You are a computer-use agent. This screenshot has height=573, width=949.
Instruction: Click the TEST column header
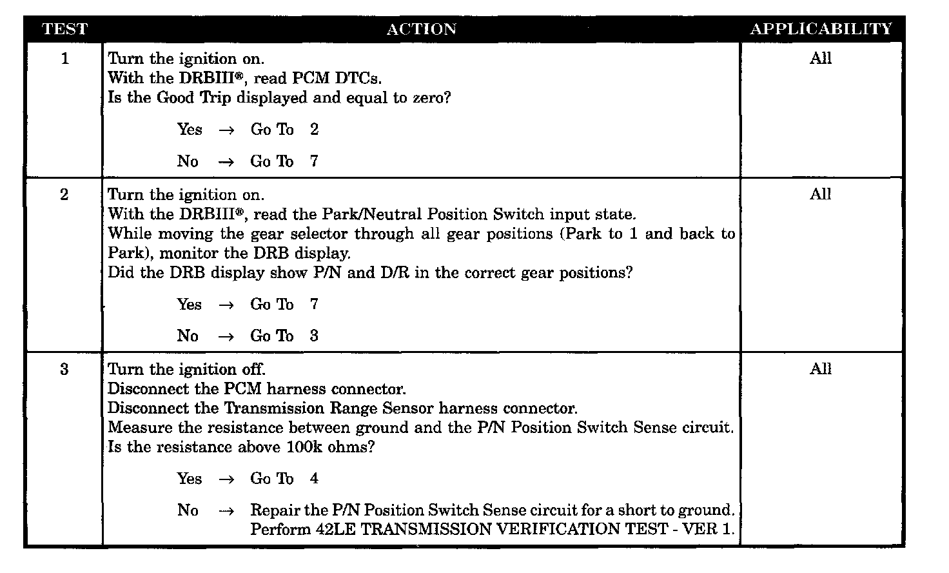point(64,29)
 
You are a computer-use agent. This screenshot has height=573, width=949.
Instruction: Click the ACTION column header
point(421,29)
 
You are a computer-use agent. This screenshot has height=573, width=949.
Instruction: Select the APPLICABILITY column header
point(821,29)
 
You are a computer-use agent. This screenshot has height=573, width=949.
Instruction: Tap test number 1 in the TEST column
point(64,59)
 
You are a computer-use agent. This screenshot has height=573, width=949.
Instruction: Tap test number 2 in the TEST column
point(64,195)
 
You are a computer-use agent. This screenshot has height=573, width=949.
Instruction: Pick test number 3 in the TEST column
point(64,370)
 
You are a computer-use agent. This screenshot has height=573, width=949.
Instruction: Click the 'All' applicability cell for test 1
point(821,59)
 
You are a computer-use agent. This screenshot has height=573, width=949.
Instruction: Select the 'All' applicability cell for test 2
point(821,194)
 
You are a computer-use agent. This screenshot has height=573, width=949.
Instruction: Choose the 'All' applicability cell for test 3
point(821,369)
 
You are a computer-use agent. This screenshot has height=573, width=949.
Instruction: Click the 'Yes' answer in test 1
point(190,130)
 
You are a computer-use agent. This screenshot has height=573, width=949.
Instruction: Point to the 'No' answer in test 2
point(188,336)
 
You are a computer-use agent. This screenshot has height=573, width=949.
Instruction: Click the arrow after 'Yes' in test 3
point(226,479)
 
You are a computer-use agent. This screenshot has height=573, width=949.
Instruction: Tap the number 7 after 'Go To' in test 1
point(314,161)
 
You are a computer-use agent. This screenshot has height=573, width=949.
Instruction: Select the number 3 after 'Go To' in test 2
point(314,336)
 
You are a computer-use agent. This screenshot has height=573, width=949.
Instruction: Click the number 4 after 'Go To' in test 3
point(314,479)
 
